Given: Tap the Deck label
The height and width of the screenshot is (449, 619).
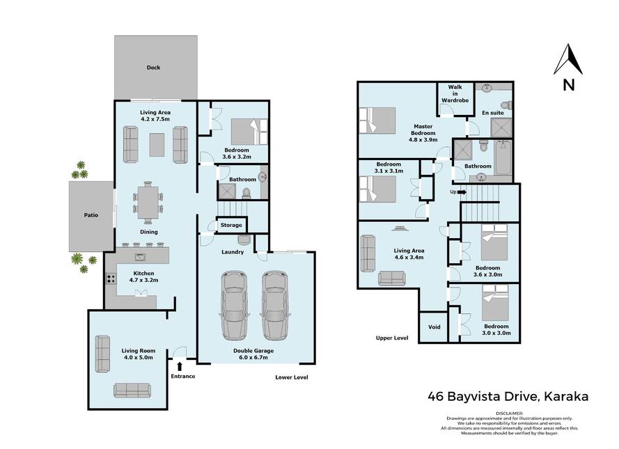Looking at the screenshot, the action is coord(153,68).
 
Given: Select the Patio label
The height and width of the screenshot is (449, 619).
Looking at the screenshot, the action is coord(91,215).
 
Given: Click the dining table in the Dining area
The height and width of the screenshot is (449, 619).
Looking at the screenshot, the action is coord(148,203).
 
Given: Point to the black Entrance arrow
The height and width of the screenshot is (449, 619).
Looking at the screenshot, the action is coord(180,367).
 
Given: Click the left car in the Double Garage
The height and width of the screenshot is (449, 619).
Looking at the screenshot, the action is coord(235,306).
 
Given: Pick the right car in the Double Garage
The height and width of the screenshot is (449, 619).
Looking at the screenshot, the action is coord(275,306).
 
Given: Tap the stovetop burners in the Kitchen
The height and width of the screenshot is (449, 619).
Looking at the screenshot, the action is coord(111,279).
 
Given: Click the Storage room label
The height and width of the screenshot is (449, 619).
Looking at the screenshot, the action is coord(231,225).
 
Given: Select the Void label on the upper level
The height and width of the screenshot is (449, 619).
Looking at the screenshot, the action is coord(434,326).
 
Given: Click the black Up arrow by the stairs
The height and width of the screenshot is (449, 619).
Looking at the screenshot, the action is coord(462,192).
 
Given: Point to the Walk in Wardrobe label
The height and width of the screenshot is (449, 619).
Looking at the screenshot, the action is coord(455,93).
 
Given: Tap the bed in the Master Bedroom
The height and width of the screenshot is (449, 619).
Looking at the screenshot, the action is coord(377,120).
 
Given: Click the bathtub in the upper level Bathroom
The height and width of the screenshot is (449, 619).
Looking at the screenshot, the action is coord(503,157).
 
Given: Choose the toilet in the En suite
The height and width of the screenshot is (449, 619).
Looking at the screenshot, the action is coord(507,105).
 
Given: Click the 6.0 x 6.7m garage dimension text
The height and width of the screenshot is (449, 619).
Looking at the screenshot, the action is coord(253,358).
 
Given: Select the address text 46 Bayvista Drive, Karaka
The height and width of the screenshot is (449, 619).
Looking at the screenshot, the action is coord(508,396).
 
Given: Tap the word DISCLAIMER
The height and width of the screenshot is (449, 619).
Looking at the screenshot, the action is coord(509,413).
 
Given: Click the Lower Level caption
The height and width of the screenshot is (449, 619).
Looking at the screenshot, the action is coord(292,377).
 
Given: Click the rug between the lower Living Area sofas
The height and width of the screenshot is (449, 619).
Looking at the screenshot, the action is coord(157,145).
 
